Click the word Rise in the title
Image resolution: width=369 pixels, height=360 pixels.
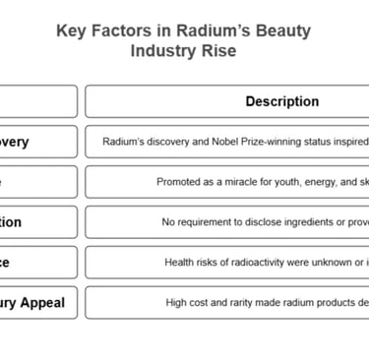coord(218,50)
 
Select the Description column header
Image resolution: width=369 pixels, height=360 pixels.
coord(281,101)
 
